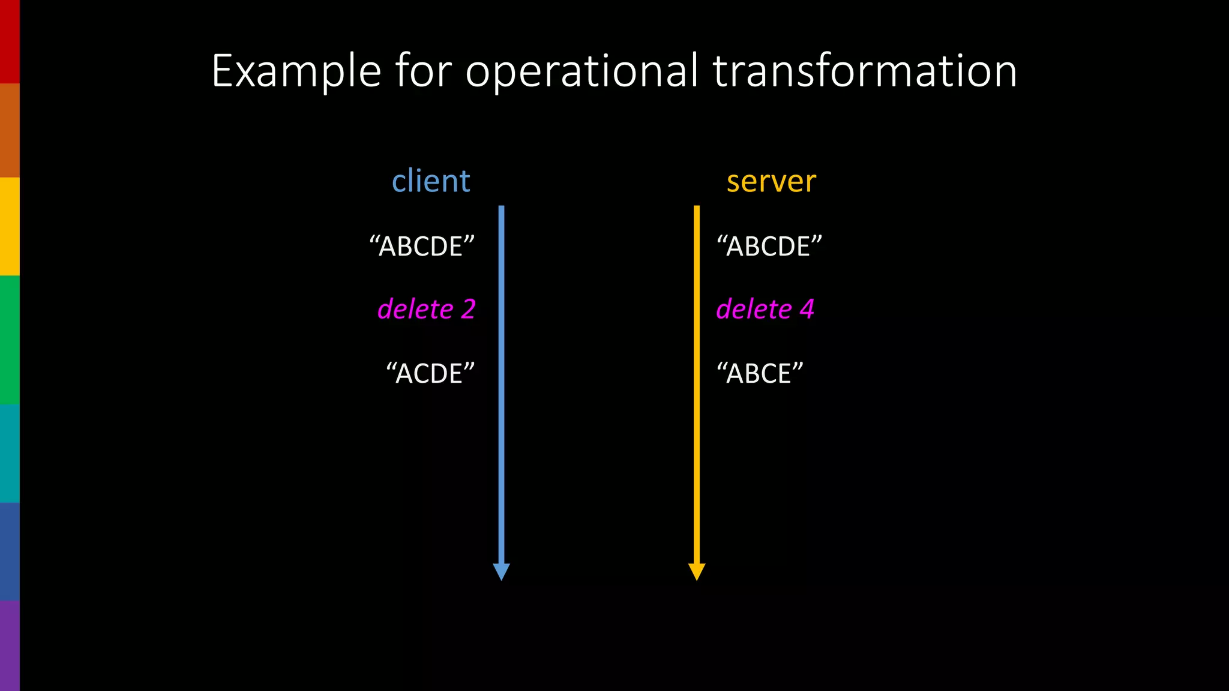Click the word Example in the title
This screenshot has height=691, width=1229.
[296, 72]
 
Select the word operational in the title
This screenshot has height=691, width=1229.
[581, 72]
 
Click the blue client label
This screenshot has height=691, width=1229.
[431, 181]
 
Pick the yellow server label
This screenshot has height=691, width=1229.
[771, 182]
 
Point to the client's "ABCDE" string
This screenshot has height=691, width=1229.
[422, 247]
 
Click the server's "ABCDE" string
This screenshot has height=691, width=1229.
[769, 247]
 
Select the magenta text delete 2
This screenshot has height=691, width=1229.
[426, 310]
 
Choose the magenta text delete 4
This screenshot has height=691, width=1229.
[765, 310]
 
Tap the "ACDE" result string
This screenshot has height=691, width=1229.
[430, 374]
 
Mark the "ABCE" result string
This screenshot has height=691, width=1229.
[760, 374]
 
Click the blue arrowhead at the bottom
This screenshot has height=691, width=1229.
[501, 571]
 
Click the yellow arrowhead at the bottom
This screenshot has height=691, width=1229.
[697, 571]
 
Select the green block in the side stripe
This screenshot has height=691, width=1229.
[10, 340]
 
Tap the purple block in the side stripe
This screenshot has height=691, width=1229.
[10, 645]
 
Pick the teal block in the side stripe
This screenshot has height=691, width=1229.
[10, 453]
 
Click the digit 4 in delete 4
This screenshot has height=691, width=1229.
[807, 310]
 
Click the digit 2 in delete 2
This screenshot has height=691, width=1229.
[468, 310]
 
